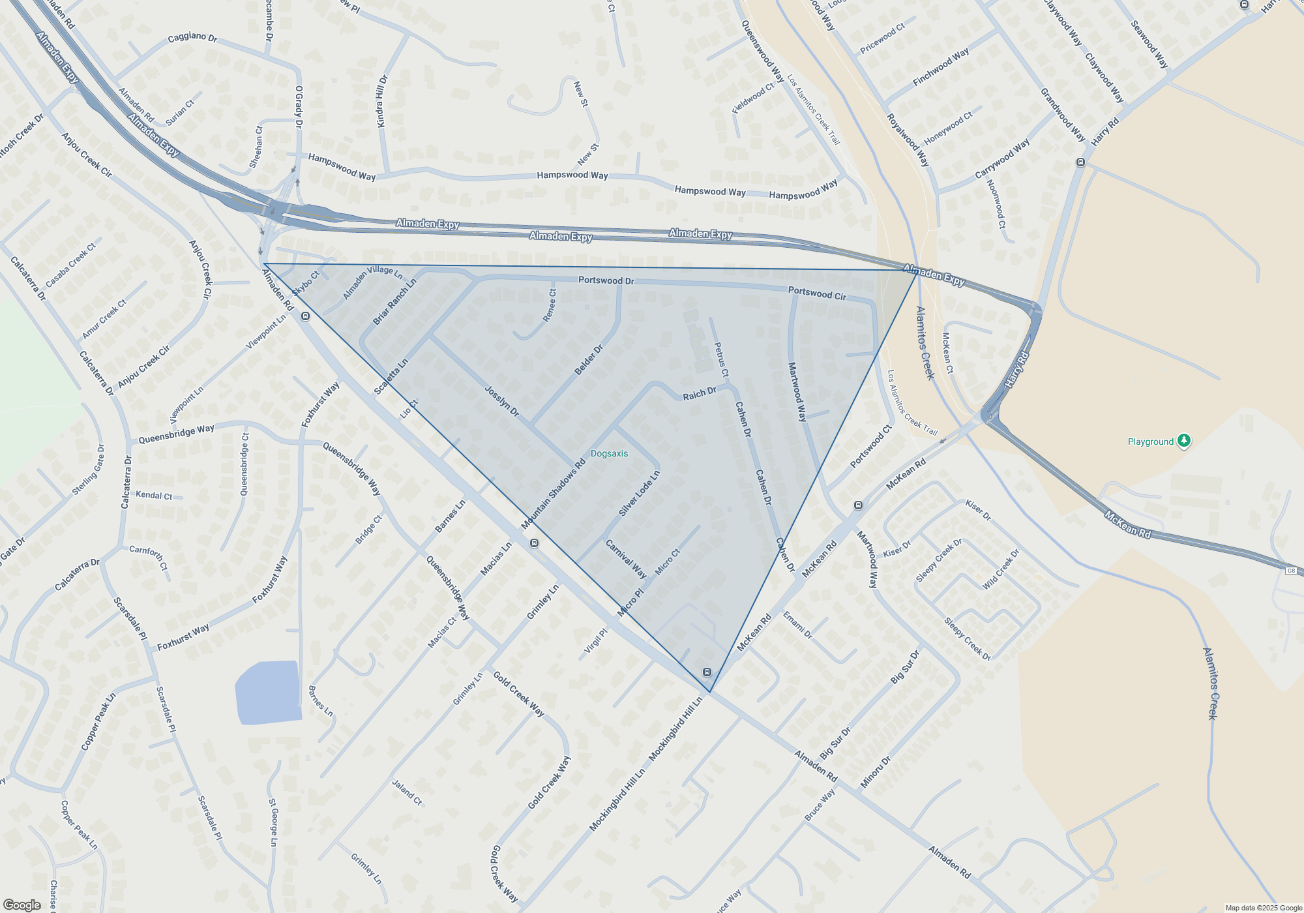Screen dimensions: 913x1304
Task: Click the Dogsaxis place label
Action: pyautogui.click(x=609, y=453)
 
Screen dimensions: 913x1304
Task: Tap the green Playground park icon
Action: pyautogui.click(x=1184, y=441)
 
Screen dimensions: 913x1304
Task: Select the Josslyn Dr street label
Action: pyautogui.click(x=501, y=400)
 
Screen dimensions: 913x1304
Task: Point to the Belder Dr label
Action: pyautogui.click(x=589, y=360)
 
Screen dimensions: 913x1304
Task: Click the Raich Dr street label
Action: pyautogui.click(x=699, y=394)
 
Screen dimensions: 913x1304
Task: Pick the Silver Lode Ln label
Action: pyautogui.click(x=639, y=494)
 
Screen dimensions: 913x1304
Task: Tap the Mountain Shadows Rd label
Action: pyautogui.click(x=554, y=494)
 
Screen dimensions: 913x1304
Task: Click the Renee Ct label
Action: pyautogui.click(x=550, y=305)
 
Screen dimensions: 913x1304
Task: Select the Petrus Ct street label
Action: pyautogui.click(x=721, y=360)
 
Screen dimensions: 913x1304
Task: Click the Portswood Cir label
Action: pyautogui.click(x=817, y=293)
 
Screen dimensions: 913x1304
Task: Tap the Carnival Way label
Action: pyautogui.click(x=626, y=559)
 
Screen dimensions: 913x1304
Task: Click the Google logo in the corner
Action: pyautogui.click(x=22, y=905)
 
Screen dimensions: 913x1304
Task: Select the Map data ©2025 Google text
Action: pyautogui.click(x=1263, y=908)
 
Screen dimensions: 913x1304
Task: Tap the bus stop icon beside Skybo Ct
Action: pyautogui.click(x=305, y=316)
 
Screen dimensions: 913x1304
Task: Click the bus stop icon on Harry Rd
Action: pyautogui.click(x=1080, y=162)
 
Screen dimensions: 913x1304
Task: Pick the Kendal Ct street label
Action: pyautogui.click(x=154, y=495)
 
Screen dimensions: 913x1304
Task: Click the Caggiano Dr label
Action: pyautogui.click(x=192, y=37)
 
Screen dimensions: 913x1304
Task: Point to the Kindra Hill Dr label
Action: pyautogui.click(x=382, y=101)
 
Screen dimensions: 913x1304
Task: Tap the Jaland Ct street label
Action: pyautogui.click(x=407, y=792)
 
